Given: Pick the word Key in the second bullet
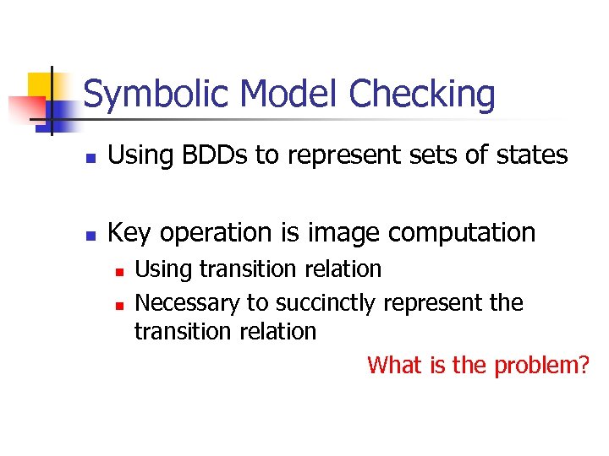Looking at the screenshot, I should click(128, 232).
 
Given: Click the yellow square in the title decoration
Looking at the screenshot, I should click(39, 85).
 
